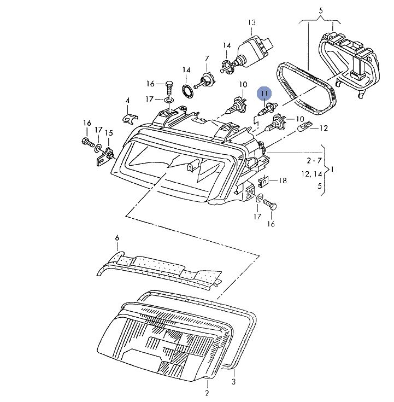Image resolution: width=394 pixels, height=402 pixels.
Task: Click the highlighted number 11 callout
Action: pos(264,94)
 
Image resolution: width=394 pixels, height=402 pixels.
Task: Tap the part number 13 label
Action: pos(251,22)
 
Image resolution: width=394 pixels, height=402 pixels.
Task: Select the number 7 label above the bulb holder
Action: pos(207,59)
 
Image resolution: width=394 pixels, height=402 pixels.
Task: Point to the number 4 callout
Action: pos(127,101)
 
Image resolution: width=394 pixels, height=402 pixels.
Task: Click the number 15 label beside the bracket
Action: pos(109,133)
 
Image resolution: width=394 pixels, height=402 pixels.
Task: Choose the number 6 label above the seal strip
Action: pos(117,238)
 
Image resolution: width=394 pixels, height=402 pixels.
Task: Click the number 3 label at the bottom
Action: pos(234,381)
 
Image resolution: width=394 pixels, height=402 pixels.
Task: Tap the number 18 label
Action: pos(283,180)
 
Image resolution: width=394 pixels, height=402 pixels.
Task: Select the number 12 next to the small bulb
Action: pos(324,129)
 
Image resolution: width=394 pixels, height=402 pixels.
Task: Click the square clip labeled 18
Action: pos(262,181)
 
